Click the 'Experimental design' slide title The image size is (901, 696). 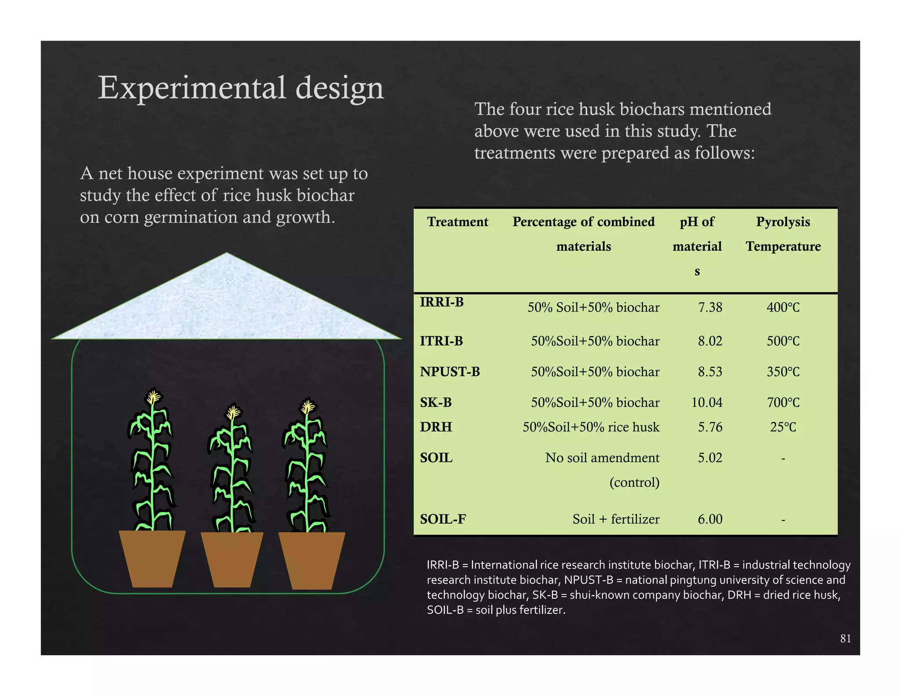point(241,88)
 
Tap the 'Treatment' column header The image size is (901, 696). point(458,222)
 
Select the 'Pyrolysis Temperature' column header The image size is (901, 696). point(783,234)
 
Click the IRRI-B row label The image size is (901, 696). point(442,302)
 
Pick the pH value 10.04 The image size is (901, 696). point(707,402)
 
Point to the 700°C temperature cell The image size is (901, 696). point(783,402)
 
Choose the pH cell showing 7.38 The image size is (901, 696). point(710,307)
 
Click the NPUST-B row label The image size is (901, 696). point(450,372)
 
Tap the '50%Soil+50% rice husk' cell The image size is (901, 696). point(590,427)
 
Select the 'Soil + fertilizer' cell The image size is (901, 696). point(615,519)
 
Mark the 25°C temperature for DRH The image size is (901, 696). point(783,427)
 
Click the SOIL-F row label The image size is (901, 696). point(443,519)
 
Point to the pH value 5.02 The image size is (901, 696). point(710,458)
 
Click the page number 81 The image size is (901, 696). point(845,638)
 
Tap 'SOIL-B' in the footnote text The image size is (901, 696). point(445,610)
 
